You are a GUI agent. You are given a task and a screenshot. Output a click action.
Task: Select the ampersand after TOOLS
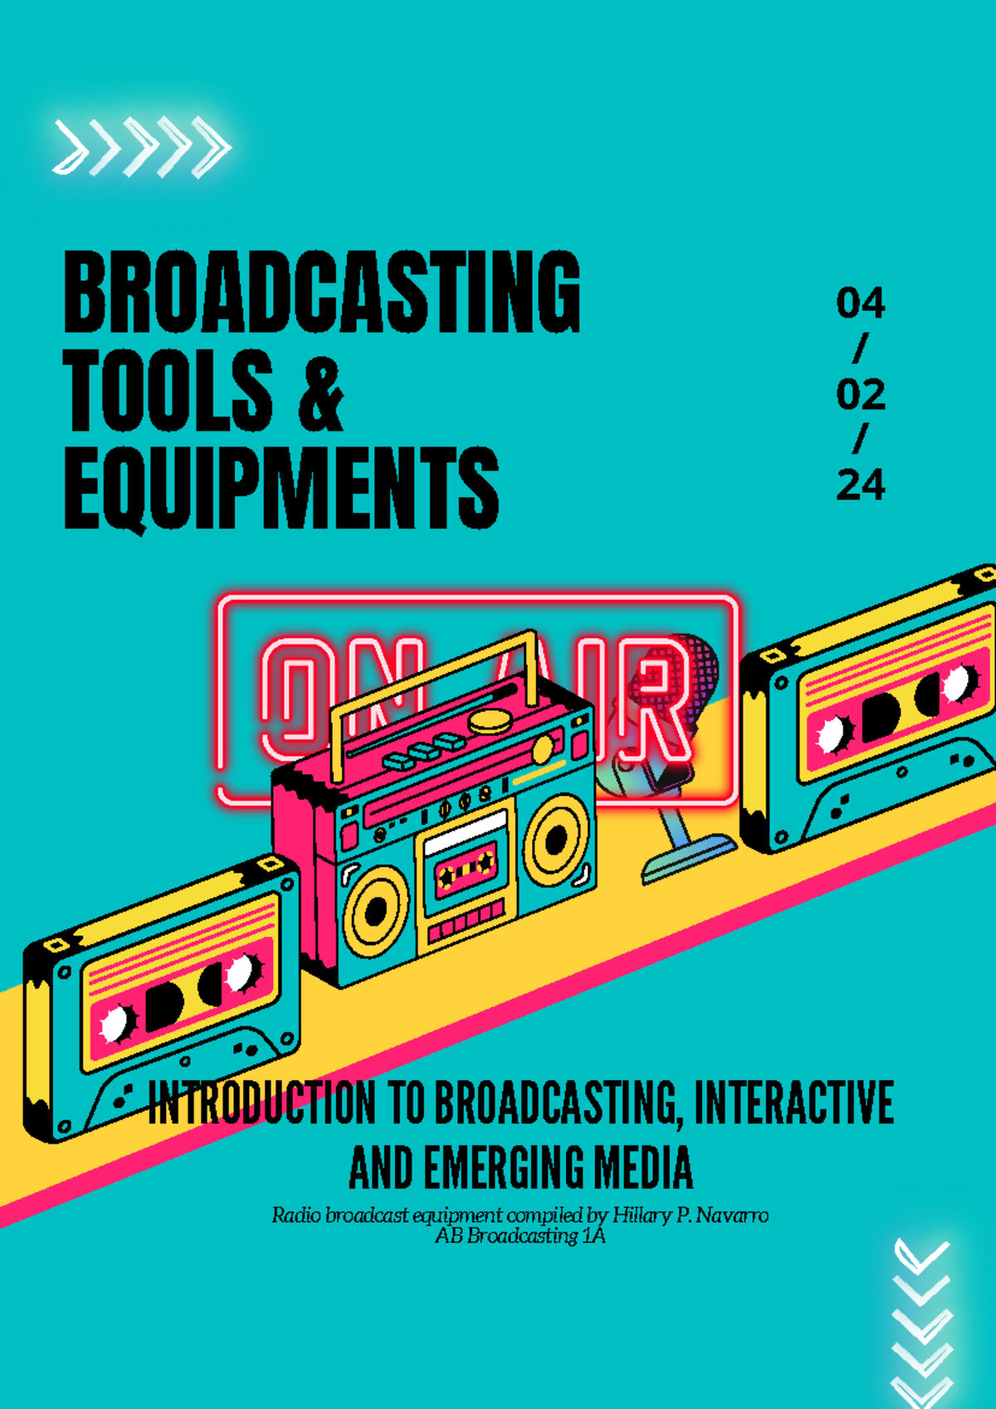[320, 394]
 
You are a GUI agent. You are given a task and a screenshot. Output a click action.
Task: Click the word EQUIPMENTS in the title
[281, 488]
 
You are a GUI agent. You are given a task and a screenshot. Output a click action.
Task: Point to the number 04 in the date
[861, 304]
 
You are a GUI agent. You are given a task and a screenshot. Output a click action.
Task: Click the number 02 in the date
[861, 395]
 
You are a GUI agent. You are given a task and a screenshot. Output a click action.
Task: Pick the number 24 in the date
[861, 485]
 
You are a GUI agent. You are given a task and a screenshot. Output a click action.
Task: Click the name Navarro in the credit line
[732, 1216]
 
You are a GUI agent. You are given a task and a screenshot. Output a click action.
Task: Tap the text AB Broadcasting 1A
[520, 1236]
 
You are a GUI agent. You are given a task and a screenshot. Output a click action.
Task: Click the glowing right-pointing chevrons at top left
[141, 148]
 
